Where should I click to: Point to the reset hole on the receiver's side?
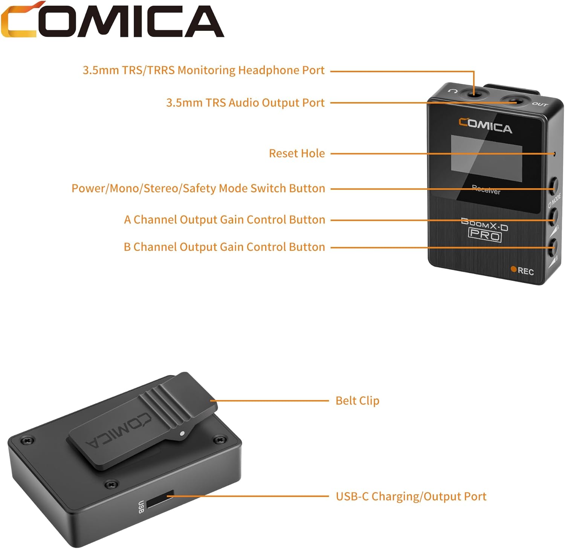[554, 154]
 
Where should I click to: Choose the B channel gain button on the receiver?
[554, 247]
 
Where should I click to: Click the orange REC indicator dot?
[513, 269]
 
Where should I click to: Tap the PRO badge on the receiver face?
[485, 236]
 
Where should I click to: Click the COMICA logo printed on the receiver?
[485, 125]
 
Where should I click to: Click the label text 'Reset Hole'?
[297, 154]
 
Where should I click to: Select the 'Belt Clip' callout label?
[357, 401]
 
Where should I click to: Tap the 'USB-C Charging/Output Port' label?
[411, 496]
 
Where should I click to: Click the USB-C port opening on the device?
[160, 499]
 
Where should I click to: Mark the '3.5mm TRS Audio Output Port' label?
[245, 103]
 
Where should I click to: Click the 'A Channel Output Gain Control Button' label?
[224, 220]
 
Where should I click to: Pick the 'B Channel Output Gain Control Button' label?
[224, 247]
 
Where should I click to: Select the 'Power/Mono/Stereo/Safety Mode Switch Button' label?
[198, 188]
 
